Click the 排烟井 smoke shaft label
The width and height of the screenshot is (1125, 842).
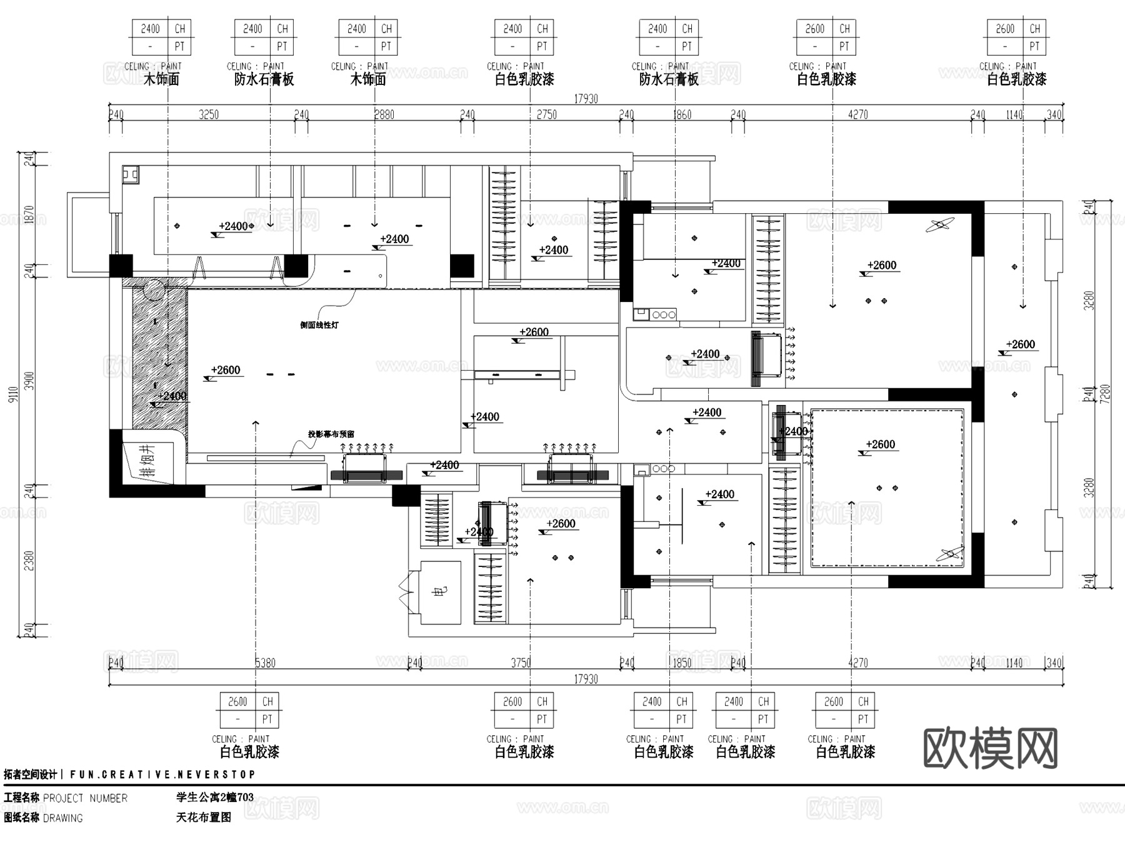click(x=147, y=461)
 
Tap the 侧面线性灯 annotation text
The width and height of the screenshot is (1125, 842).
click(x=319, y=325)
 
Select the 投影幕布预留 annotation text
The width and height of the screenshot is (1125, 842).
click(x=331, y=434)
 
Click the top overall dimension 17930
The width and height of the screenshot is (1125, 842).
click(x=586, y=99)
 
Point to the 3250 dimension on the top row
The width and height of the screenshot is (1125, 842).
click(x=209, y=114)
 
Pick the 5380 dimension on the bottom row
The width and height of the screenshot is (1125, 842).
click(x=265, y=663)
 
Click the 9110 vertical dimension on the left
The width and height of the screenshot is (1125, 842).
click(x=13, y=394)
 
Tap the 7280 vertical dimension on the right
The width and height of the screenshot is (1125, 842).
click(x=1104, y=394)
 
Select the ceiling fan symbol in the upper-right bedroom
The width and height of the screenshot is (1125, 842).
click(x=940, y=225)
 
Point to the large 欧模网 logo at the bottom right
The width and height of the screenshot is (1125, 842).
click(x=990, y=748)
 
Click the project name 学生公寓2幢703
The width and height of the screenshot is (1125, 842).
click(x=215, y=797)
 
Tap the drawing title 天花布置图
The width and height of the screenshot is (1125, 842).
click(x=204, y=817)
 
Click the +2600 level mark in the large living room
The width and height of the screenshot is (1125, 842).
click(x=226, y=370)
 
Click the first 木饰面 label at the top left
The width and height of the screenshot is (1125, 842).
click(x=161, y=79)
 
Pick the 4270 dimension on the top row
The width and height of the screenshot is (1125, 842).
click(x=857, y=114)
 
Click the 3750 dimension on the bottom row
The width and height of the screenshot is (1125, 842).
click(x=521, y=663)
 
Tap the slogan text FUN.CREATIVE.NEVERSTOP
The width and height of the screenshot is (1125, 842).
click(x=162, y=774)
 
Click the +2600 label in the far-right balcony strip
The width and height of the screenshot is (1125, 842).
click(x=1020, y=344)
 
